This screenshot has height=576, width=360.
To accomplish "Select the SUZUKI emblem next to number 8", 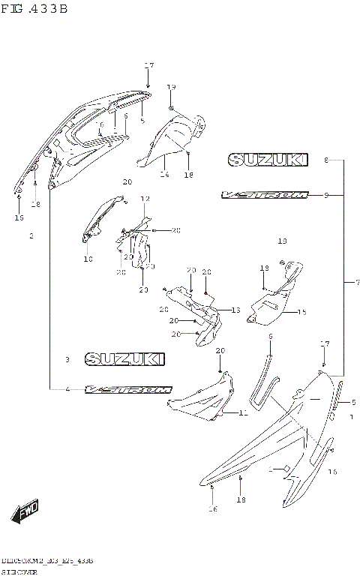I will (x=268, y=160).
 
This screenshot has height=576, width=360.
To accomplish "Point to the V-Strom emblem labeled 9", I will (x=265, y=195).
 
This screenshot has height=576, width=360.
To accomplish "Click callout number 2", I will (x=31, y=236).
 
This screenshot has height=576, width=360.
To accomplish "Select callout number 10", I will (x=88, y=259).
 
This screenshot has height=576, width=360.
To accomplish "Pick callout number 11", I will (x=243, y=412).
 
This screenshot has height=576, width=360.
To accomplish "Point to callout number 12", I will (x=145, y=199).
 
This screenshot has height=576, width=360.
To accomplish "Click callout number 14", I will (x=165, y=175).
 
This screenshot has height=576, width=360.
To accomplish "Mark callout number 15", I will (x=302, y=312).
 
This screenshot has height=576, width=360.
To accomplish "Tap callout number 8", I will (x=326, y=160).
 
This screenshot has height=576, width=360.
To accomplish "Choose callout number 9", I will (x=326, y=195).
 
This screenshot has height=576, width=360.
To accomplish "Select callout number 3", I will (x=67, y=360).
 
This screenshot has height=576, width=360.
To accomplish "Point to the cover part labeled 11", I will (x=201, y=397).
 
